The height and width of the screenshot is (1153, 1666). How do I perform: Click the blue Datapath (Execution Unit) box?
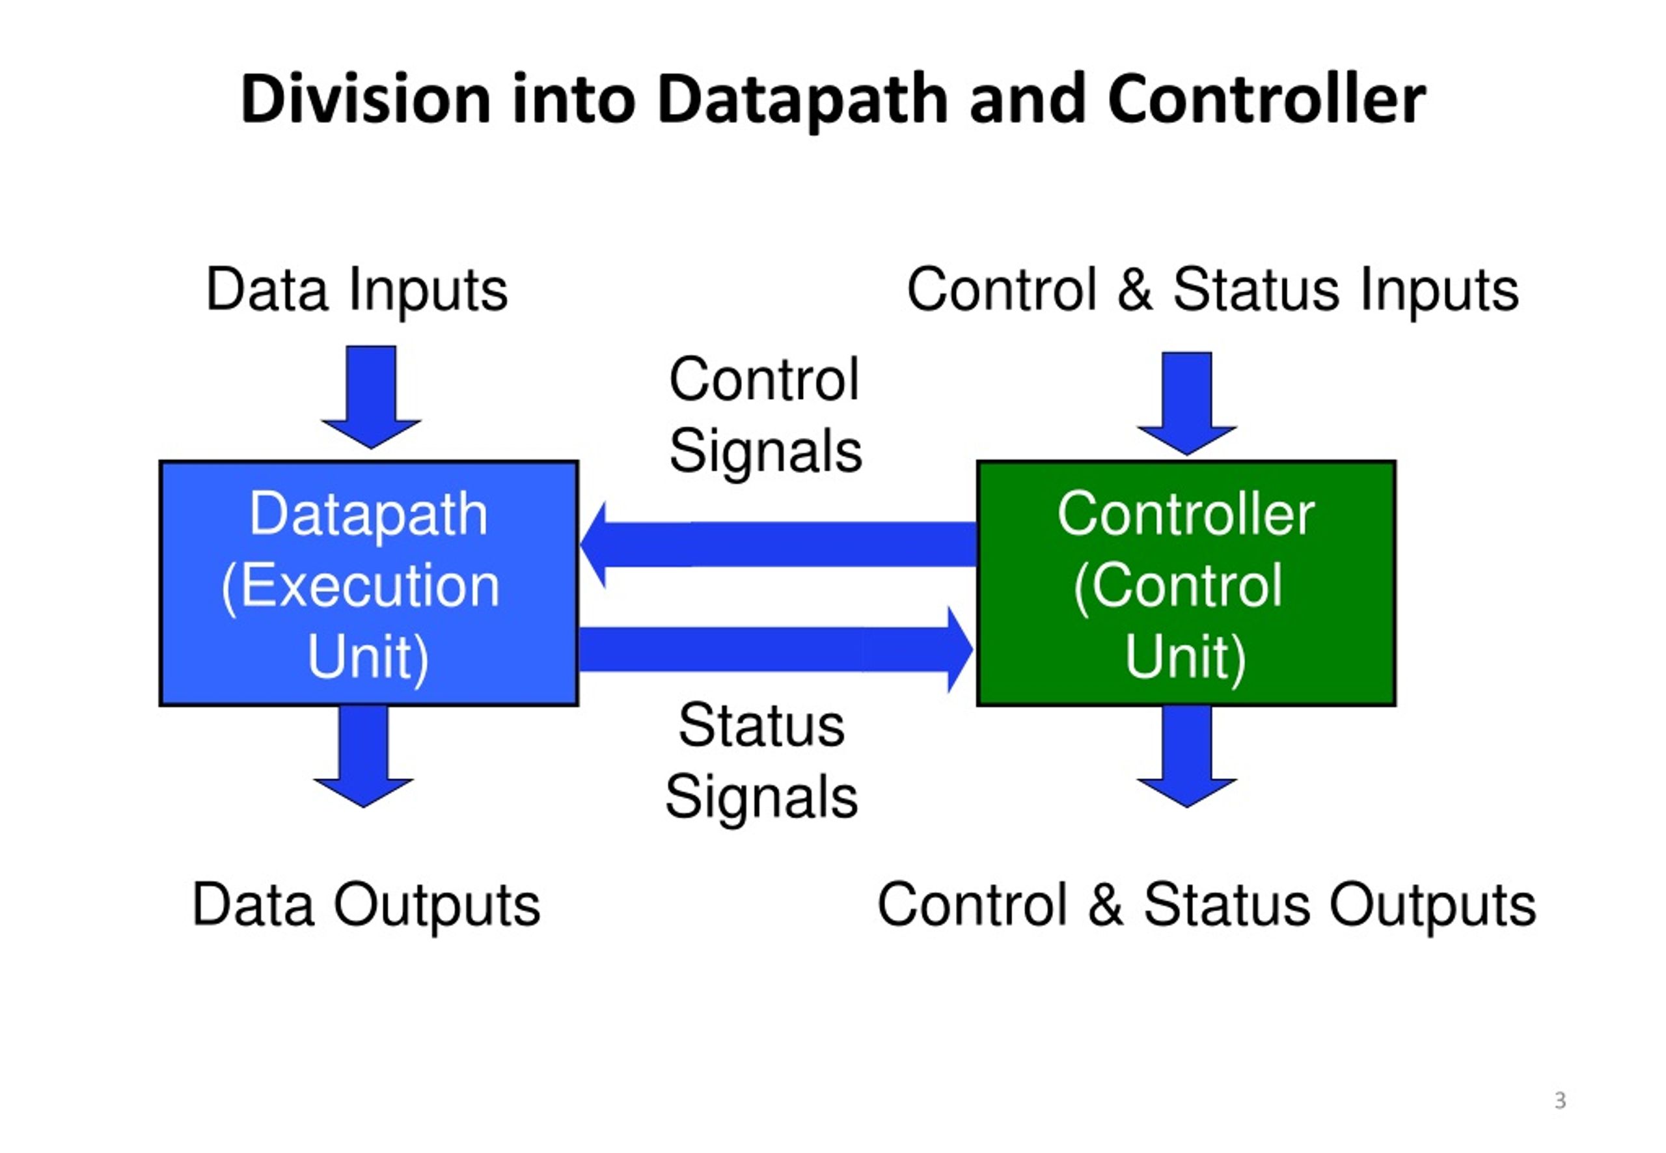368,583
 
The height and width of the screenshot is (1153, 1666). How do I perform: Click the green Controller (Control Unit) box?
1186,583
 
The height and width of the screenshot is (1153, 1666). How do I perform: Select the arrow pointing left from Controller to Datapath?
778,544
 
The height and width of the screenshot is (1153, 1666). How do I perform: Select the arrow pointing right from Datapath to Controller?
776,649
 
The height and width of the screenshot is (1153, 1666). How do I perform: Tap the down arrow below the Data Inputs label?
371,397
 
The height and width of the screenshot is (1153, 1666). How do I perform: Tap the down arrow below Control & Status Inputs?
1186,403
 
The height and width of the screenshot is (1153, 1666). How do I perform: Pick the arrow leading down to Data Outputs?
362,755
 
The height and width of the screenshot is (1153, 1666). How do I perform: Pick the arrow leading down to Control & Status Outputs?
1186,755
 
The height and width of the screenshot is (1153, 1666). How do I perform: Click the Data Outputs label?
366,905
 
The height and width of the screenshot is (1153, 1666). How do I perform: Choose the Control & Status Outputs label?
1207,905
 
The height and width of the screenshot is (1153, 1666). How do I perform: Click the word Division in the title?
366,99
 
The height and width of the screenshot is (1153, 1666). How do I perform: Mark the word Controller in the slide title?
1266,99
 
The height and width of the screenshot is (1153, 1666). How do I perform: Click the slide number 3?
1561,1100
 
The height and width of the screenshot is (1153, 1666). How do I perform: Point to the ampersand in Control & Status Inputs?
1135,289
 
